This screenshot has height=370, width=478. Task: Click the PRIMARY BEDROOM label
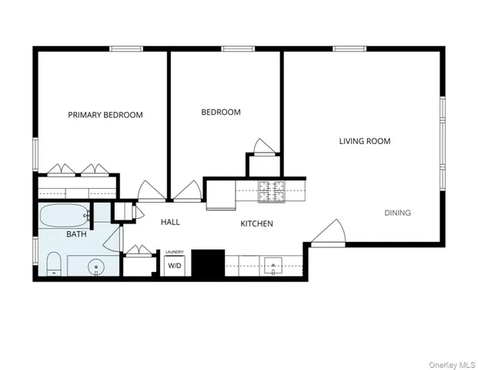click(x=105, y=115)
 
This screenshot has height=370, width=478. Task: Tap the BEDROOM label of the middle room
click(x=221, y=112)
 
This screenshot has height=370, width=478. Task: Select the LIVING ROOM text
click(x=365, y=141)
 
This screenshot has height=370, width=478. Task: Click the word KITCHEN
click(x=256, y=224)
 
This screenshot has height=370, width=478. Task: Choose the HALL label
click(x=170, y=222)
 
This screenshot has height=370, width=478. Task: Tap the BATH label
click(x=76, y=234)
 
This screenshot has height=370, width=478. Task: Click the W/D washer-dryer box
click(x=175, y=265)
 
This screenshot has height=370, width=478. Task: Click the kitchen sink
click(x=273, y=267)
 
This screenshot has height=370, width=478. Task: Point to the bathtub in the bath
click(x=65, y=216)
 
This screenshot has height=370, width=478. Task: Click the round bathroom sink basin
click(x=96, y=267)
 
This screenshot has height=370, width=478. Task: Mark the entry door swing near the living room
click(x=329, y=233)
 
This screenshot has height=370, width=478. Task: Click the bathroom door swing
click(x=114, y=239)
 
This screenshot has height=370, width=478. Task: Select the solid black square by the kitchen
click(x=207, y=264)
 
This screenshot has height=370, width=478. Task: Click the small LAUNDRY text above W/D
click(x=175, y=252)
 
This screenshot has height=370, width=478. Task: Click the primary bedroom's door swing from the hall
click(x=149, y=191)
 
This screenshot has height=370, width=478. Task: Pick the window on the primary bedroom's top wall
click(x=126, y=49)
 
